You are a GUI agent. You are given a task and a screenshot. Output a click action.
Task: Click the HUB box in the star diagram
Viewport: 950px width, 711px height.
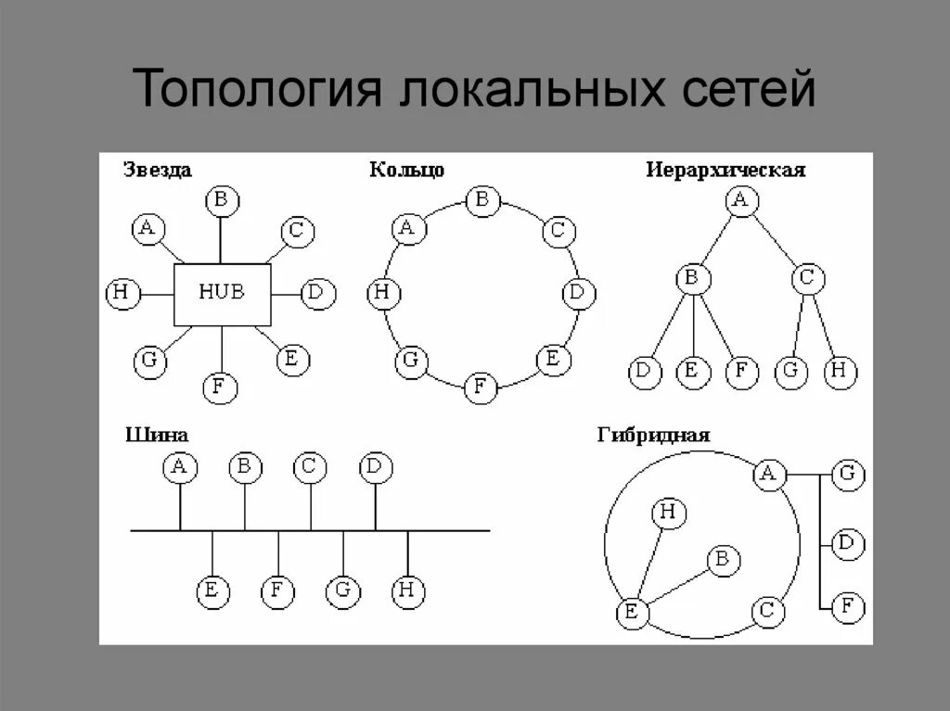223,294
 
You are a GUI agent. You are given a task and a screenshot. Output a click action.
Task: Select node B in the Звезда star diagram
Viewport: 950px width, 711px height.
222,199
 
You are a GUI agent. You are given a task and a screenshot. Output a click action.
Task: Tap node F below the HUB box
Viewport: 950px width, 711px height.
219,386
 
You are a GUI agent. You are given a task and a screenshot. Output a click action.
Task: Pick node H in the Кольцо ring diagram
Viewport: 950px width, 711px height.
382,295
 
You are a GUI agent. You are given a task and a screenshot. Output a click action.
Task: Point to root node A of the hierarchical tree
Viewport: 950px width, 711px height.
739,200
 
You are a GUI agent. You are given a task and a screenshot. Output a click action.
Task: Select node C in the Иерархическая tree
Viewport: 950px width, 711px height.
808,277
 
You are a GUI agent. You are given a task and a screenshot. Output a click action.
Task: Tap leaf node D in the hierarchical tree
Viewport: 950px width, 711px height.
642,373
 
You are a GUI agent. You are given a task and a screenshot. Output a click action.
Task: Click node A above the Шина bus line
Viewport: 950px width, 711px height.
180,467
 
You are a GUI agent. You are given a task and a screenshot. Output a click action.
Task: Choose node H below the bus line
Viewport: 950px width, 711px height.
406,590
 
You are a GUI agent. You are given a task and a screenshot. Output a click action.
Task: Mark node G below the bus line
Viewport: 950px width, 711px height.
342,591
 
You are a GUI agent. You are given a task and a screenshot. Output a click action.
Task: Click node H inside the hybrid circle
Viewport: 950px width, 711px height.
668,513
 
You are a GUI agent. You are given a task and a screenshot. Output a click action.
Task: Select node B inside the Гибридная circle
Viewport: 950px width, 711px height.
723,560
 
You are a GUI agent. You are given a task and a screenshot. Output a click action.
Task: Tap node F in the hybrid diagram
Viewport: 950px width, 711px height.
847,608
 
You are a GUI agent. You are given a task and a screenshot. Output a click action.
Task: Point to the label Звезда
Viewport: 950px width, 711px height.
158,170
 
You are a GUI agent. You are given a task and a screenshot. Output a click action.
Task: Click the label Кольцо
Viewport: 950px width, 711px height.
406,170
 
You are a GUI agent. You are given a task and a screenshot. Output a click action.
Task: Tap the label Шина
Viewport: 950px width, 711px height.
157,434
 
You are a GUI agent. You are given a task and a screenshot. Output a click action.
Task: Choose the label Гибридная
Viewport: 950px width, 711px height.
655,435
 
